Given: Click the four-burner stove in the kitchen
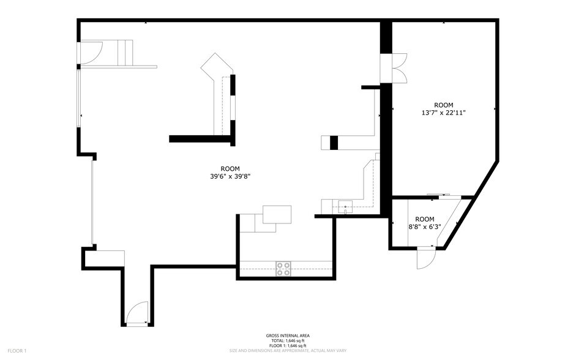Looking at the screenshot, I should (x=283, y=268).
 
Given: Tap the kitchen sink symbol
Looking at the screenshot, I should (x=346, y=206).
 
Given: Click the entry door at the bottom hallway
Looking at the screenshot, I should (x=138, y=313).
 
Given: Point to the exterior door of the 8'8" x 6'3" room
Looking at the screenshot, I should (x=425, y=258).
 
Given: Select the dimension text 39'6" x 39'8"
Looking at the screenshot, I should (x=230, y=173).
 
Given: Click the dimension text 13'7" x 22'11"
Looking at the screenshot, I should (x=444, y=109).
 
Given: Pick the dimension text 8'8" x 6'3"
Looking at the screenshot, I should (x=424, y=223).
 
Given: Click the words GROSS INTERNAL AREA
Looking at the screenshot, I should (x=287, y=336).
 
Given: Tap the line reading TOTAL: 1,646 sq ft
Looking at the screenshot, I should (x=287, y=340).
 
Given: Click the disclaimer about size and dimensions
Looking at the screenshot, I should (x=287, y=351).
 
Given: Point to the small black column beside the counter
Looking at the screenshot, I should (x=334, y=142).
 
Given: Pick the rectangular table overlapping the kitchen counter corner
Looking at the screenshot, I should (x=277, y=214).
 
